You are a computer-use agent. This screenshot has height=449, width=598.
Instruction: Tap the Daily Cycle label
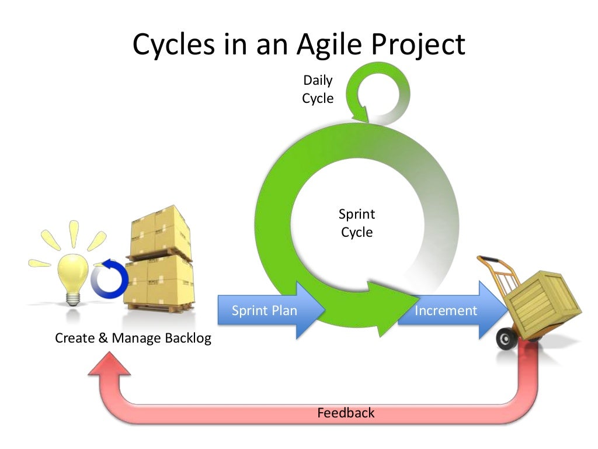point(318,89)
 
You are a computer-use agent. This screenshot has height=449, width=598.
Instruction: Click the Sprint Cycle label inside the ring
point(357,223)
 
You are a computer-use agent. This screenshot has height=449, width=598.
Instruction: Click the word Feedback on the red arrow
point(346,413)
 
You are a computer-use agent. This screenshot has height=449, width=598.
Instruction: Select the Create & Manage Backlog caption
point(133,338)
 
